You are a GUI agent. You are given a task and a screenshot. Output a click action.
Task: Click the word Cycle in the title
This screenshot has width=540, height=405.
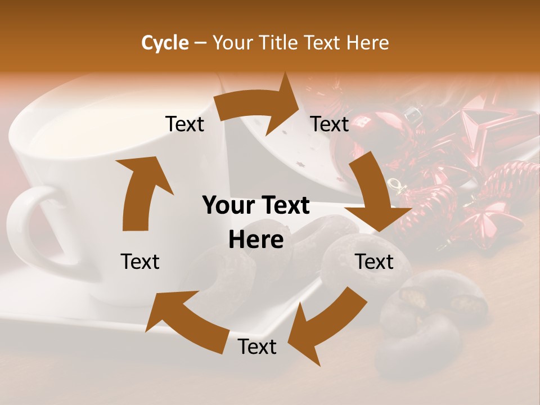pos(164,43)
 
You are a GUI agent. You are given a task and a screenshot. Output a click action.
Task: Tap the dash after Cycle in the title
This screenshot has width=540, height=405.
pos(200,43)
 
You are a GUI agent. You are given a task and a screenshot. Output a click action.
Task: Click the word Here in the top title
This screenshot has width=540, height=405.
pos(366,43)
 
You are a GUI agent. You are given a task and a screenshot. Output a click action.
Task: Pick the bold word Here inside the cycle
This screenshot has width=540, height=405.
pos(256,240)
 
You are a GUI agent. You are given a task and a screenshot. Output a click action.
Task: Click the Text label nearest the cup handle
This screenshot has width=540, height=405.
pos(140,262)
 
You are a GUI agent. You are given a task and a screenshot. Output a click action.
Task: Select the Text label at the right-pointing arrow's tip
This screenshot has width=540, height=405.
pos(330,124)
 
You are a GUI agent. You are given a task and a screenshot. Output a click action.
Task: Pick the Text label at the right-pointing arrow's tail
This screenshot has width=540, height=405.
pos(184,124)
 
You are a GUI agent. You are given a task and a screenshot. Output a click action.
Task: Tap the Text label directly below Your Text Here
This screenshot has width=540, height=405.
pos(257,346)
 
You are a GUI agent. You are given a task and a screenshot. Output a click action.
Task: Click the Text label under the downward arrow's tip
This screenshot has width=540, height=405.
pos(375,262)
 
